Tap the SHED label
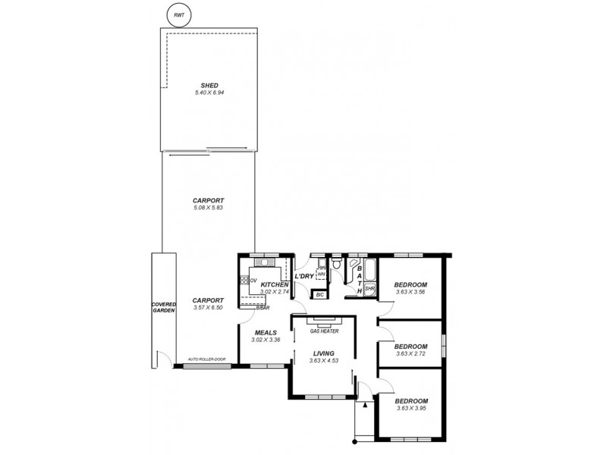(209, 85)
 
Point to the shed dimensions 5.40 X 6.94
(209, 93)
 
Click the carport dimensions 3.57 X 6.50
(207, 307)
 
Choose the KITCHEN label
(274, 284)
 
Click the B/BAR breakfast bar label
(263, 308)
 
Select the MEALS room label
(266, 332)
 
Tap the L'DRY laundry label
(304, 276)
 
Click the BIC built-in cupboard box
(320, 294)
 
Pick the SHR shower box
(370, 289)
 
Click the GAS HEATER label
(324, 331)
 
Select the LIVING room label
(324, 353)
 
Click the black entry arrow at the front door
(365, 404)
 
